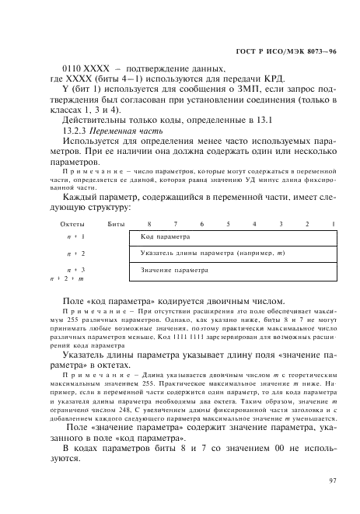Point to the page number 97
[332, 481]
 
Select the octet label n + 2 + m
[67, 278]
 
